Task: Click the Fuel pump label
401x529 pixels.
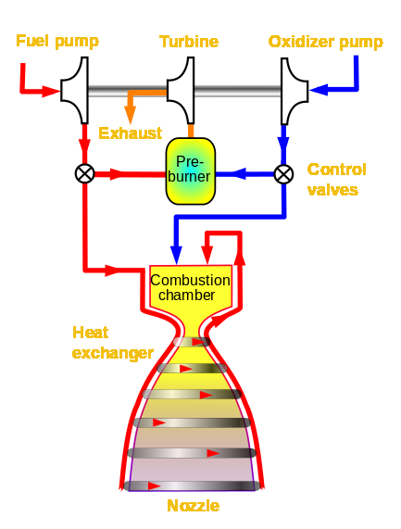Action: click(x=56, y=42)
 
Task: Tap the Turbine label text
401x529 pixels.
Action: click(x=189, y=42)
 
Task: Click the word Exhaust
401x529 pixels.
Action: click(x=130, y=132)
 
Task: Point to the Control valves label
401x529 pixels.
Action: click(x=336, y=180)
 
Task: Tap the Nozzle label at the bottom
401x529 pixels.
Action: click(x=194, y=506)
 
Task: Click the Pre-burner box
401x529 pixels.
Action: click(x=191, y=170)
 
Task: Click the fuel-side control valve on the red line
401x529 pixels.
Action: click(x=84, y=173)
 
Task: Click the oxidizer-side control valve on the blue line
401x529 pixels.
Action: click(x=283, y=173)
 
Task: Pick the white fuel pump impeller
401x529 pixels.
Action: click(x=75, y=90)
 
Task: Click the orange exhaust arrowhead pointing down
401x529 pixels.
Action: click(x=131, y=116)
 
